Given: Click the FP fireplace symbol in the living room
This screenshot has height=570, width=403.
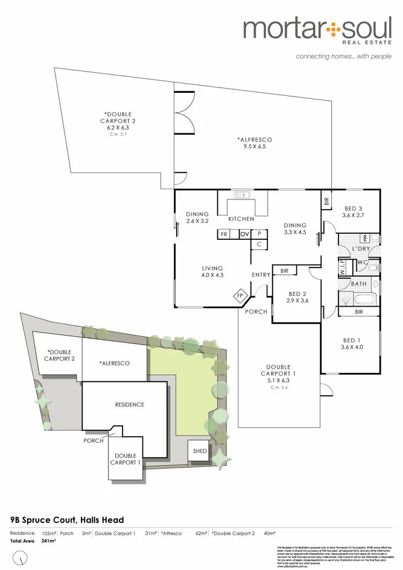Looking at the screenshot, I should coord(240,296).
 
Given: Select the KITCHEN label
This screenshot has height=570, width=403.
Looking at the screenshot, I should coord(241,219).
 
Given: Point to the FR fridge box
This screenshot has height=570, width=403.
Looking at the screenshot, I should coord(224,234).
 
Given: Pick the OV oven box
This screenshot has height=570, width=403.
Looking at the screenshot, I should coord(245,234).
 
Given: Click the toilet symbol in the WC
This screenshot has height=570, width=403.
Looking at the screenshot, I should coord(373,266).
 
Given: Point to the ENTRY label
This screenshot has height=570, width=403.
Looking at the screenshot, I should coord(261,275).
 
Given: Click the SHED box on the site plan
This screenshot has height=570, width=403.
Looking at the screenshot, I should coord(199,451).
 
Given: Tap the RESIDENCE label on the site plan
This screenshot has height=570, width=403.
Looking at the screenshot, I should coord(130,404).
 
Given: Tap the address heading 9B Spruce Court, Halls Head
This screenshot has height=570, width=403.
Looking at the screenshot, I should coord(67,520).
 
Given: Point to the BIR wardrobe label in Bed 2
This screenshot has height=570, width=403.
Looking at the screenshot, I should coord(285,271).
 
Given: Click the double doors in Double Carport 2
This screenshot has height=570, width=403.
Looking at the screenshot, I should coord(184,113).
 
